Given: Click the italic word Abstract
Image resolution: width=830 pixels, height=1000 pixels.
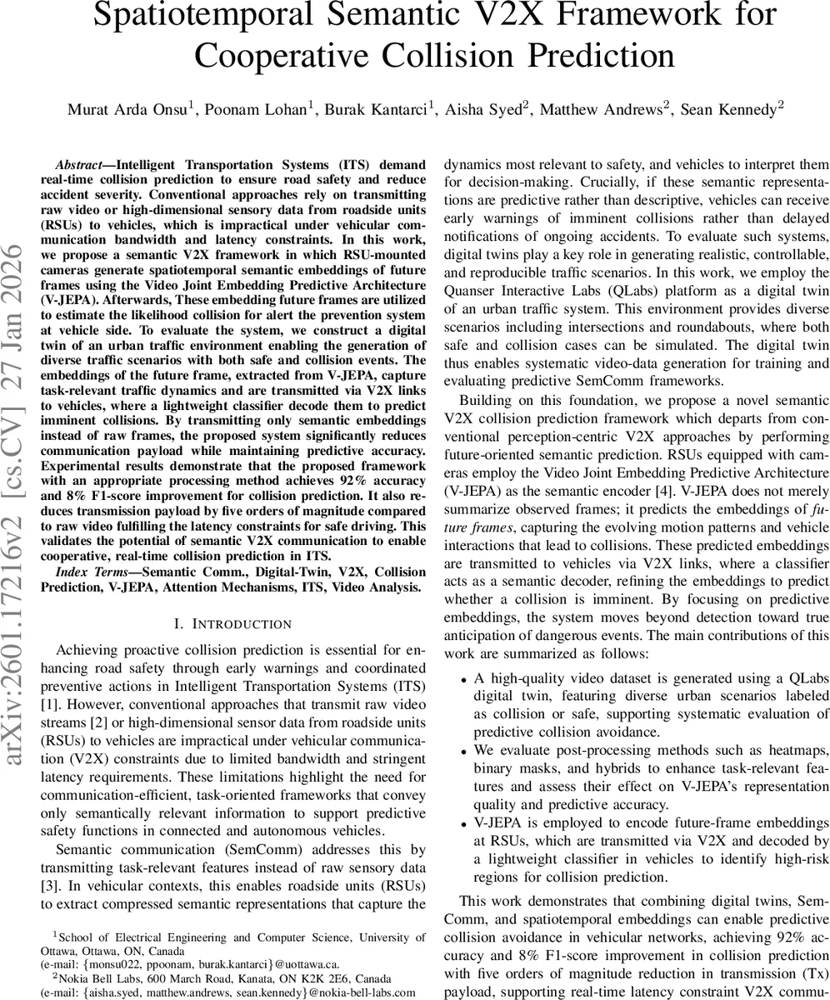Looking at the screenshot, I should pyautogui.click(x=80, y=164).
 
